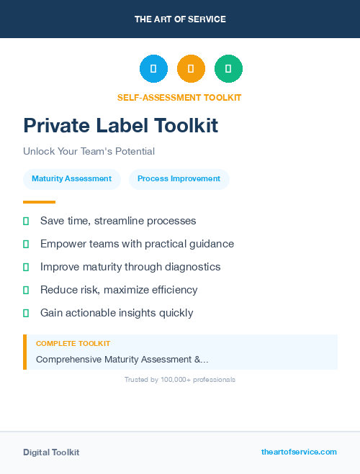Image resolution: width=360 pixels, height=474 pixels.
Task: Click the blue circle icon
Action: click(153, 68)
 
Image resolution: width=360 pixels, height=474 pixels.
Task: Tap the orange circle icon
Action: click(191, 68)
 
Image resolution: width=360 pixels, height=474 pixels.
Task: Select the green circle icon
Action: click(228, 68)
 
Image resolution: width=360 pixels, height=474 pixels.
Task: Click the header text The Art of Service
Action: click(180, 19)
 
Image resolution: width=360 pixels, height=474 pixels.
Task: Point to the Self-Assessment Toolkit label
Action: click(179, 98)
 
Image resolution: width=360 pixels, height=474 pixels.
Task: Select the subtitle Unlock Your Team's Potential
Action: click(89, 152)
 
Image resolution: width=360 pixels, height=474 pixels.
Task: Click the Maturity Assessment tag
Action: click(71, 179)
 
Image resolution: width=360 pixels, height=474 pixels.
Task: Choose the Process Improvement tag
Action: click(179, 179)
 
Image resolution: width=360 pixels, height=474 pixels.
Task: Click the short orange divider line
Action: click(39, 202)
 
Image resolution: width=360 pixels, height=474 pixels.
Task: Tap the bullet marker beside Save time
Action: click(26, 221)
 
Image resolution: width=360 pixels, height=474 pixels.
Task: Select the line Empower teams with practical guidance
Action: click(137, 244)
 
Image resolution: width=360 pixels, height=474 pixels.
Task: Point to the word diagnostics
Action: click(192, 267)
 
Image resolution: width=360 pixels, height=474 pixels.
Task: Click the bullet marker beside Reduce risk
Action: click(26, 290)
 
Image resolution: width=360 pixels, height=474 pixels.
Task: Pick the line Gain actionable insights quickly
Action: click(117, 313)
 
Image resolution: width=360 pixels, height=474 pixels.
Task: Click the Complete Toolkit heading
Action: click(73, 344)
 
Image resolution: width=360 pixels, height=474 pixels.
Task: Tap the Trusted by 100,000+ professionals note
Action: click(180, 379)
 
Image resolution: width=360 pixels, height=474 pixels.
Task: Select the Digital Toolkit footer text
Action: click(51, 452)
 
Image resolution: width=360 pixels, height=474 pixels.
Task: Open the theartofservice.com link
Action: click(299, 452)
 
